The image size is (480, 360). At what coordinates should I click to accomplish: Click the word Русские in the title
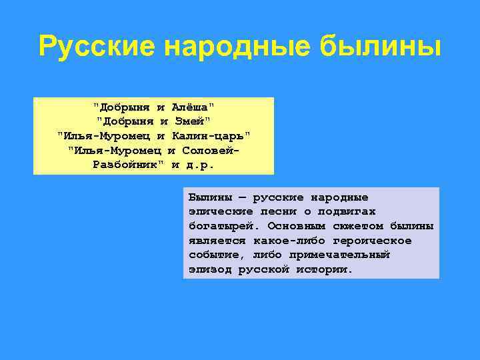click(x=97, y=47)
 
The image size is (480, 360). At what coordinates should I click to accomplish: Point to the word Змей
click(x=191, y=121)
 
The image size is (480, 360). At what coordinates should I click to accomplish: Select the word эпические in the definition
click(x=217, y=211)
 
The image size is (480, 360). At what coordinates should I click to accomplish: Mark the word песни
click(x=276, y=211)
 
